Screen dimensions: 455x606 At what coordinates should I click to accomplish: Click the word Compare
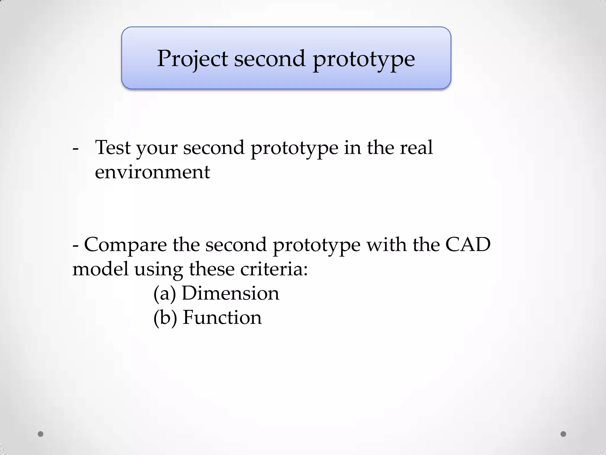coord(125,245)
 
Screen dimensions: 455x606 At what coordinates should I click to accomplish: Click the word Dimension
coord(231,293)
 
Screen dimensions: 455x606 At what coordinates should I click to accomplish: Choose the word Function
coord(222,318)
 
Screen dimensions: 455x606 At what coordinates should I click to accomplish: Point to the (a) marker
coord(165,293)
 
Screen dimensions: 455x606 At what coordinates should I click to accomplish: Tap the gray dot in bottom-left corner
coord(41,434)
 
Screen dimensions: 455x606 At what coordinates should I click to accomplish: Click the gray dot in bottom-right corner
coord(563,434)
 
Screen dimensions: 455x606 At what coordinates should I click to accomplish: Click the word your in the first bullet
coord(157,148)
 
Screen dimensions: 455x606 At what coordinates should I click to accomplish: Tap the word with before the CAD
coord(386,245)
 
